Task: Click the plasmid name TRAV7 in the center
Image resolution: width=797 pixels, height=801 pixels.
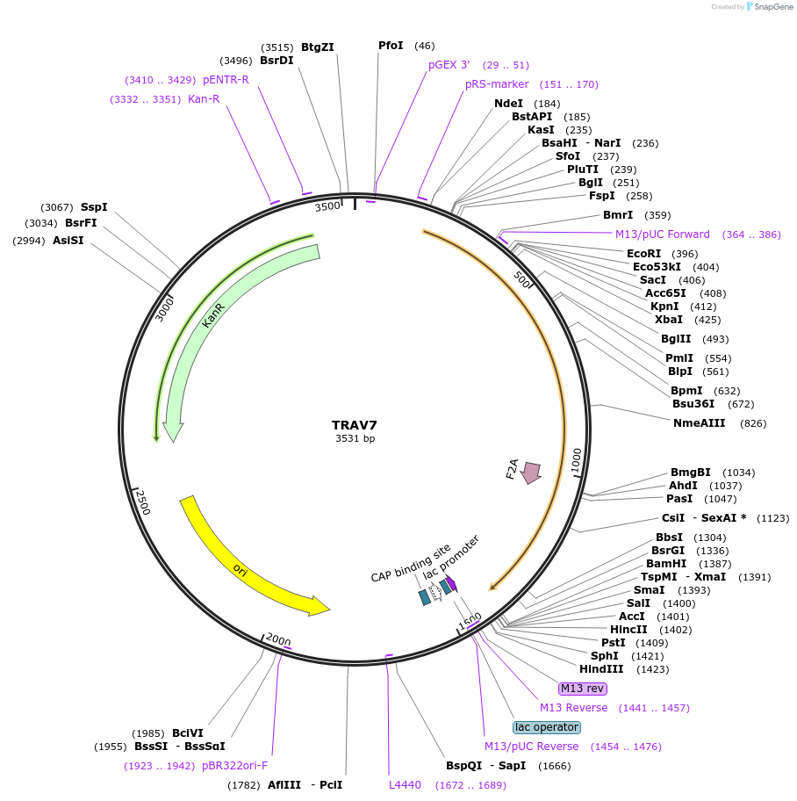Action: pos(355,425)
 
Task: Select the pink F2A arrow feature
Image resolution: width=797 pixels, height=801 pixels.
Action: pos(531,473)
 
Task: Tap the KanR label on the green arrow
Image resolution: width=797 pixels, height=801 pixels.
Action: pos(213,316)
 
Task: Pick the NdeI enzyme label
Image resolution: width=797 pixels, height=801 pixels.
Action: pos(508,103)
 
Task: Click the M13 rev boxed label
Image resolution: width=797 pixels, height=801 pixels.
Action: pos(582,688)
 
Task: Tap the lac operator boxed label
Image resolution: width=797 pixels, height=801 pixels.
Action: pos(546,726)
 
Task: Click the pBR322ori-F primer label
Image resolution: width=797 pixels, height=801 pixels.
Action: pos(234,765)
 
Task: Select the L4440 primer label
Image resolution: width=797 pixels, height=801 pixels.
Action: pos(405,784)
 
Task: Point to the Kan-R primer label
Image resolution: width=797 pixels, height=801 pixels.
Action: pos(204,99)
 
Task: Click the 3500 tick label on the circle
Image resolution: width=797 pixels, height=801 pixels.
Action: pos(327,206)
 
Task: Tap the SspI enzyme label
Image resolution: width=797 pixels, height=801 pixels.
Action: pos(94,206)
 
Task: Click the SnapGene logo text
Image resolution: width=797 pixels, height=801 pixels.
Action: pos(769,7)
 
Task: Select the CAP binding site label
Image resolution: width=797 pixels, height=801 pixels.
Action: pos(410,563)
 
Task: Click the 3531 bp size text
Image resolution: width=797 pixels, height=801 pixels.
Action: pos(355,438)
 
